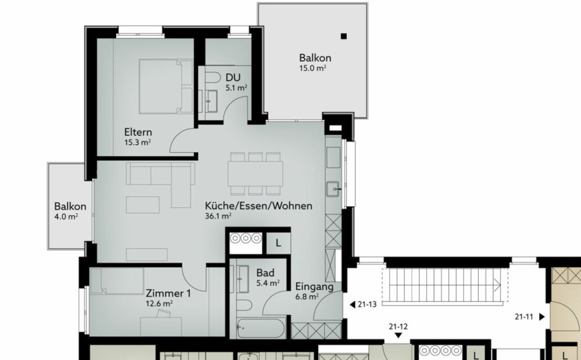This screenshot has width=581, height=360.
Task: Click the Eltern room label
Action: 138,132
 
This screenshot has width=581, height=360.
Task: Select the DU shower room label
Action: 233,78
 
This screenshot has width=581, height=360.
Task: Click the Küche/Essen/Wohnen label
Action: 259,206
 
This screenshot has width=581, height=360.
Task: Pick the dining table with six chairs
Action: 255,173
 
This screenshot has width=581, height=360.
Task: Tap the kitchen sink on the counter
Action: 333,188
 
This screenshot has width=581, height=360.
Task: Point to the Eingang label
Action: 314,286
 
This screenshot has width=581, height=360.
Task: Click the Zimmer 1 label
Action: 168,293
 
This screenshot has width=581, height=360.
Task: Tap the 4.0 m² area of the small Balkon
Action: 66,217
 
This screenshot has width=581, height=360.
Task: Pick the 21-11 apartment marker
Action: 529,317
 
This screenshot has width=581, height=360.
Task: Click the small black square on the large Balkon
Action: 344,36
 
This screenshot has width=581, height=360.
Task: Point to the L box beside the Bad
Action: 278,243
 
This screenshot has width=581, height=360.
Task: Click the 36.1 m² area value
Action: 218,215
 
